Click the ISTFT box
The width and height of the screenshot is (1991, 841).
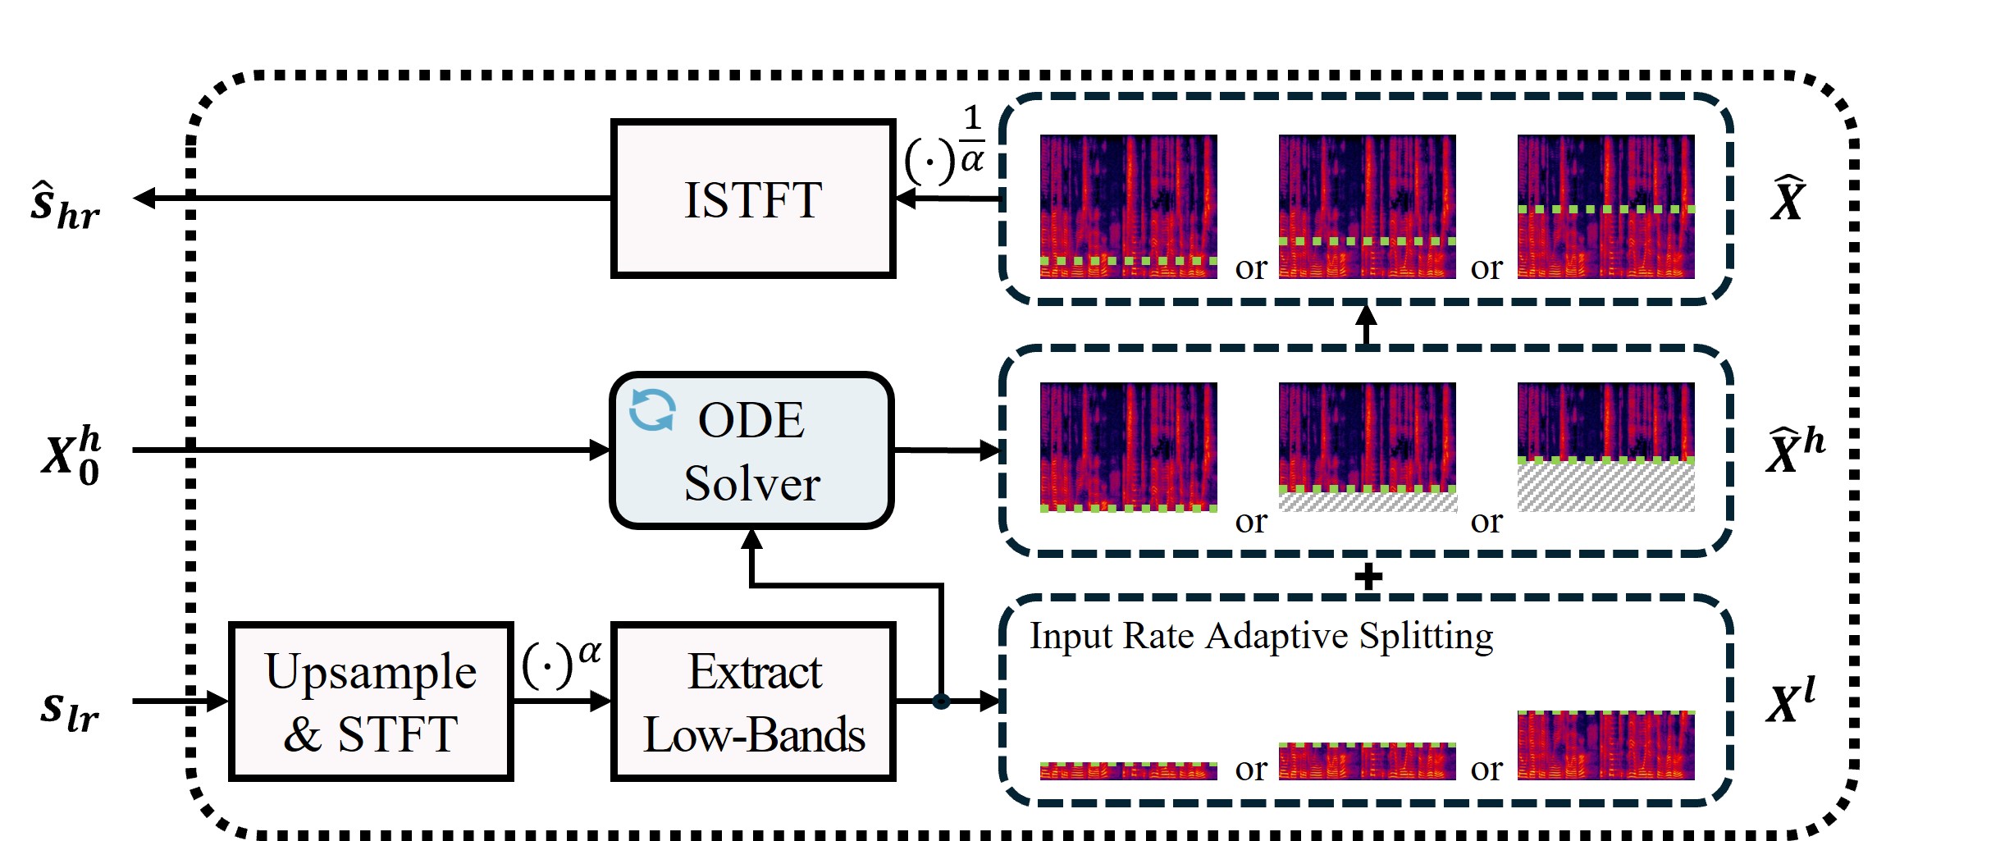click(x=752, y=199)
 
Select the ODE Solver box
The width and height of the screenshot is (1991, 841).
click(x=752, y=450)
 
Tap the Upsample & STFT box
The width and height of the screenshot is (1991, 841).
click(x=371, y=702)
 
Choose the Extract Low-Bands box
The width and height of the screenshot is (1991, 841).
click(x=752, y=702)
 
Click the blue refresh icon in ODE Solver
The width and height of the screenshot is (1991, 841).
click(x=652, y=409)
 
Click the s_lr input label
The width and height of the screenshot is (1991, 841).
click(x=70, y=710)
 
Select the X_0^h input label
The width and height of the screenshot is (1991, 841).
click(x=71, y=455)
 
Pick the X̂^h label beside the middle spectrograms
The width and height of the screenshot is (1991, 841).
click(x=1795, y=450)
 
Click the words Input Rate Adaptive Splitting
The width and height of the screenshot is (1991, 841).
click(x=1261, y=636)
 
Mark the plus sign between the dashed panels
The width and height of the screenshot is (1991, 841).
click(x=1368, y=576)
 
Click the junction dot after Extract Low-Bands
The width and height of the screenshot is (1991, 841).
click(x=941, y=702)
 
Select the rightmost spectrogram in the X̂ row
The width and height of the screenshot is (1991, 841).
click(x=1605, y=207)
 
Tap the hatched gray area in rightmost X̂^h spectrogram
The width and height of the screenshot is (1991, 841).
click(x=1605, y=487)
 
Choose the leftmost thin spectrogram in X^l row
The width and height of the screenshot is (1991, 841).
click(x=1128, y=770)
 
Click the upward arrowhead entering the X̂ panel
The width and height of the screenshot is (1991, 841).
click(x=1366, y=314)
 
